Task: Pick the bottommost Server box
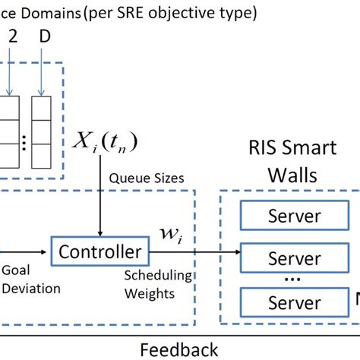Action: click(x=295, y=304)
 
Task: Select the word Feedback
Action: click(x=178, y=349)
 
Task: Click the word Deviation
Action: click(x=30, y=289)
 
